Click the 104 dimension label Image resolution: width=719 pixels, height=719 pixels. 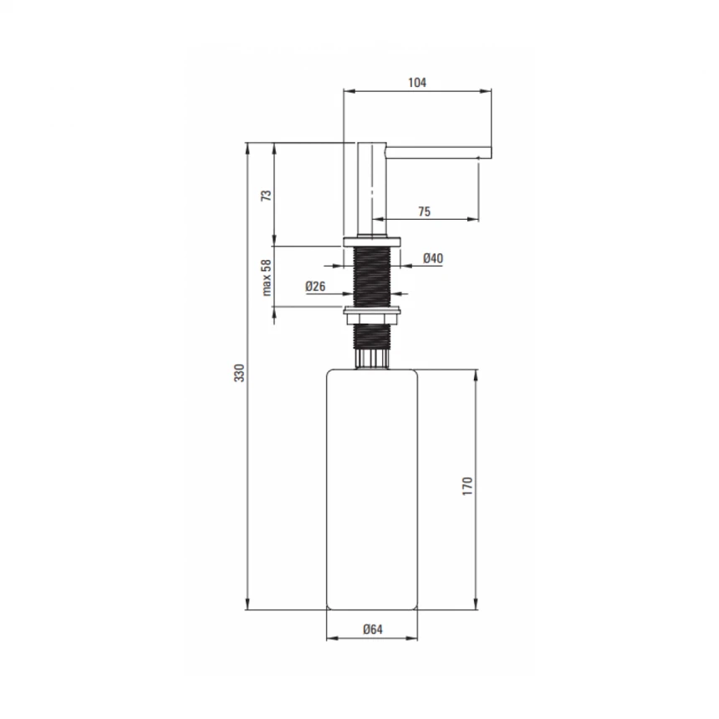417,83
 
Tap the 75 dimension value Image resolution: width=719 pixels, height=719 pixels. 424,212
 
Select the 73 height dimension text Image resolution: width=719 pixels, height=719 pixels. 266,196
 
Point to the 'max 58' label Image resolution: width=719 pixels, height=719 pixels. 266,278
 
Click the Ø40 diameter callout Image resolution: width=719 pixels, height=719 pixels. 433,258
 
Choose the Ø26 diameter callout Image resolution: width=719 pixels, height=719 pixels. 315,286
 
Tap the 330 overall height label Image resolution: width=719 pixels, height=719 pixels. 239,373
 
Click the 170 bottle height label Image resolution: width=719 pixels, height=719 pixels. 467,486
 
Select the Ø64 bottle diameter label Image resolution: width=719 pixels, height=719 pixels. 372,629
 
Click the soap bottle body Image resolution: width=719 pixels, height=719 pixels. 372,489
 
